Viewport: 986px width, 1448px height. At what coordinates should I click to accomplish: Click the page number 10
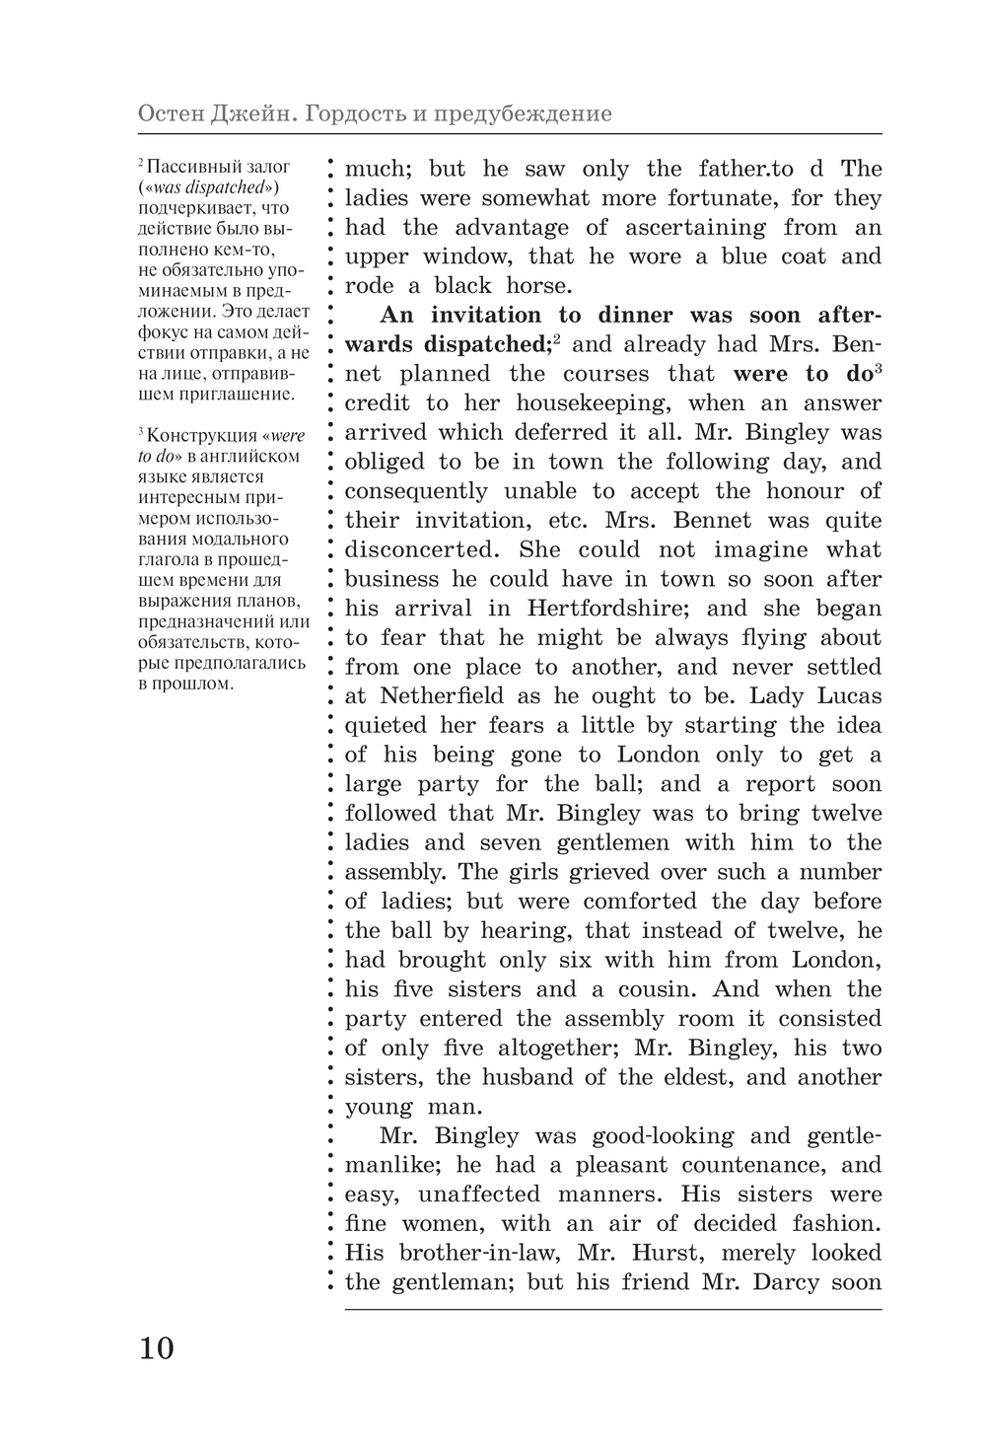point(156,1347)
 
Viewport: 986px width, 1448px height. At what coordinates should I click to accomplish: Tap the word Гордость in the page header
point(352,114)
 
